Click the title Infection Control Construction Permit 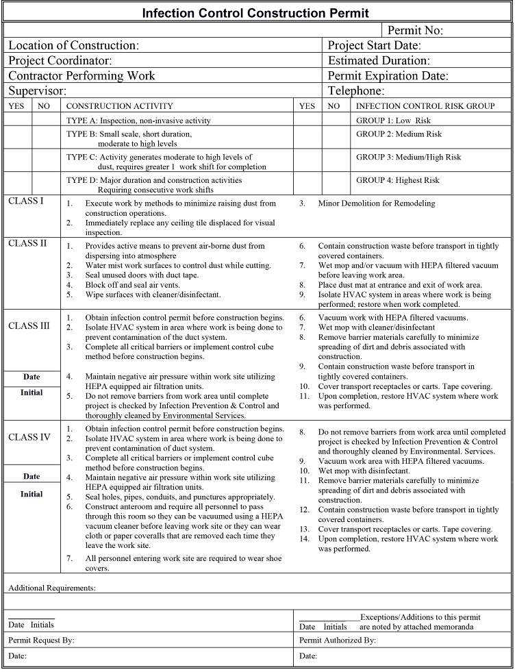(x=255, y=13)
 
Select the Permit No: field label (x=415, y=30)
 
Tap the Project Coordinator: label (x=60, y=60)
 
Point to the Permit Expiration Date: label (x=388, y=75)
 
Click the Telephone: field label (x=355, y=90)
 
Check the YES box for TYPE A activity (x=17, y=121)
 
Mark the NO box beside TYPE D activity (x=46, y=184)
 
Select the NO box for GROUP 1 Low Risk (x=336, y=121)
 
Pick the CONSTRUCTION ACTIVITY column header (x=119, y=106)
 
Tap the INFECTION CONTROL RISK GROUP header (x=425, y=106)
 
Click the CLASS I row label (x=26, y=201)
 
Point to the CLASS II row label (x=27, y=243)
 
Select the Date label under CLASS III (x=32, y=377)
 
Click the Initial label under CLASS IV (x=32, y=494)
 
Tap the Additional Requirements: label (x=52, y=588)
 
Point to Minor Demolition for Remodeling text (x=376, y=203)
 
